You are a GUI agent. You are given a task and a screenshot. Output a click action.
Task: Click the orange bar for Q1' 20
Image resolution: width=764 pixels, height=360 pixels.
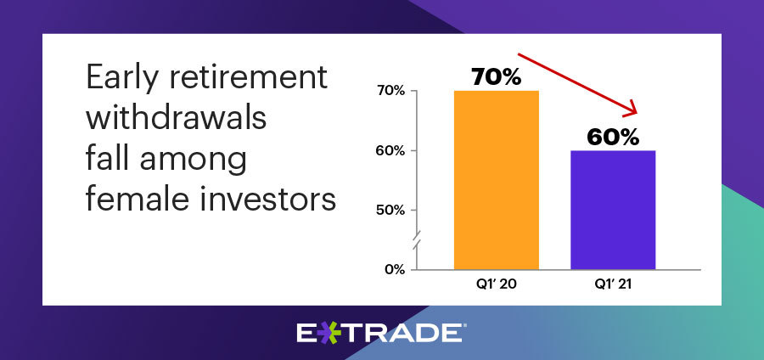coord(497,180)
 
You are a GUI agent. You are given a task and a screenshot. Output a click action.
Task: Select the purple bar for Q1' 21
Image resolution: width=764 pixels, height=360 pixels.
coord(613,210)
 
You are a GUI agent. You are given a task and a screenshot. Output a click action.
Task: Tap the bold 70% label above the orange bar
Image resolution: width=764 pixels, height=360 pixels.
coord(497,77)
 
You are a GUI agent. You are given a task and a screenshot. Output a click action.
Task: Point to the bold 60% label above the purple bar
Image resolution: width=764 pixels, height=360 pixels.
coord(613,138)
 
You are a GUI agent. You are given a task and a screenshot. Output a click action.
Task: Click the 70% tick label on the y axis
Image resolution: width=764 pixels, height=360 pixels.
coord(391,91)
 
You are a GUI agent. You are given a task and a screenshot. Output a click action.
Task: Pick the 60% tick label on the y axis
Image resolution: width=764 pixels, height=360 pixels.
coord(391,151)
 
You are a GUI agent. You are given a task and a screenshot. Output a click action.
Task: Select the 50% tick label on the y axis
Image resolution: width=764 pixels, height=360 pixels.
coord(391,211)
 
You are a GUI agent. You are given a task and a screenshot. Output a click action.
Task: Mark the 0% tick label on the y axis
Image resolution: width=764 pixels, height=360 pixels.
coord(395,270)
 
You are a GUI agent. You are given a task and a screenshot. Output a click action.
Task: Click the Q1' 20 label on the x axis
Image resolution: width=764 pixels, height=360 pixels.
coord(497,284)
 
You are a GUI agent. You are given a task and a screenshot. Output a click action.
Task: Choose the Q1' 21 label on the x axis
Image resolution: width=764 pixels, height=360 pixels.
coord(613,284)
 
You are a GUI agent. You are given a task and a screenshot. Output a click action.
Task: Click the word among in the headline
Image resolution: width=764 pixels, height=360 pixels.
coord(193,159)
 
